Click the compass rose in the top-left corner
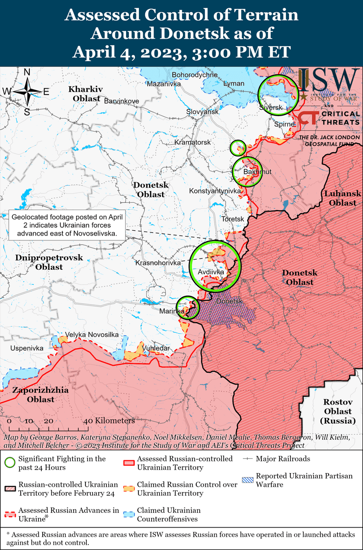pyautogui.click(x=27, y=91)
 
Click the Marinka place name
pyautogui.click(x=172, y=311)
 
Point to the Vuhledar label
pyautogui.click(x=156, y=348)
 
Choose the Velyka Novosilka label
pyautogui.click(x=92, y=334)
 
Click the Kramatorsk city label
pyautogui.click(x=192, y=142)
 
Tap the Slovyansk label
pyautogui.click(x=202, y=112)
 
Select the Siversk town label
pyautogui.click(x=271, y=107)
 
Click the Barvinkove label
pyautogui.click(x=122, y=101)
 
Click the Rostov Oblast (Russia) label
pyautogui.click(x=337, y=411)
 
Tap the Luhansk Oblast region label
pyautogui.click(x=342, y=198)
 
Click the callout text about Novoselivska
pyautogui.click(x=67, y=225)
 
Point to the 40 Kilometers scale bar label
pyautogui.click(x=108, y=421)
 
